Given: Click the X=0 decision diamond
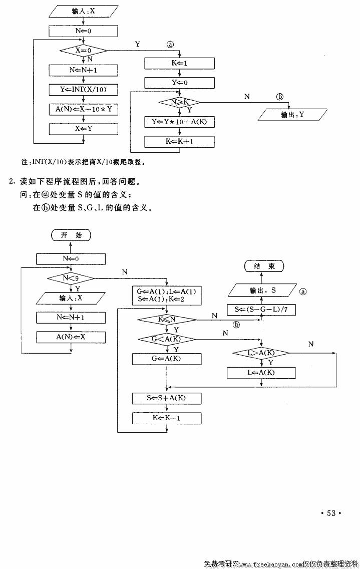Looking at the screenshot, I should point(84,50).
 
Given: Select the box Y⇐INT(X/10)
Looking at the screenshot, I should point(84,90).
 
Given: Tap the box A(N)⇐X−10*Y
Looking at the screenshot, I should point(84,109).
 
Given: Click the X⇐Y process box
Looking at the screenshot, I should point(84,129).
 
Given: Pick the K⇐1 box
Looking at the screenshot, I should point(179,64).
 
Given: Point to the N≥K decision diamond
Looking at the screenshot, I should point(179,102).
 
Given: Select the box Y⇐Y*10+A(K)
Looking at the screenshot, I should point(179,122).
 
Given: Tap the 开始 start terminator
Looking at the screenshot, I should point(71,235).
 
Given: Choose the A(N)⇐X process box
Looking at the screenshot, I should point(71,337).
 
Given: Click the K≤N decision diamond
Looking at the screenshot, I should point(167,319).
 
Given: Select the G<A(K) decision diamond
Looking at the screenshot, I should point(167,340).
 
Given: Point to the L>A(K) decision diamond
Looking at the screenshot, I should point(261,354).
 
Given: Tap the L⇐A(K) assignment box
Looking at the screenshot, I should point(261,373).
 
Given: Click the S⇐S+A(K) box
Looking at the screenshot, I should point(167,398).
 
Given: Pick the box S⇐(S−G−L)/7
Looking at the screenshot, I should point(261,310).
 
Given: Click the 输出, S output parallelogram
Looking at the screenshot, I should point(263,290).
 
